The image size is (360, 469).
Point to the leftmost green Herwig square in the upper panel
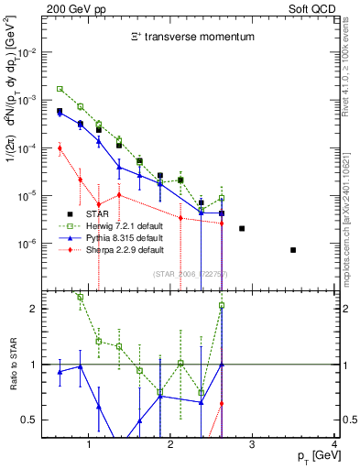coord(60,89)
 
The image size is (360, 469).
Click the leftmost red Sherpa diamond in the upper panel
coord(60,147)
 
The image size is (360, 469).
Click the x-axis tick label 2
coord(171,446)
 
